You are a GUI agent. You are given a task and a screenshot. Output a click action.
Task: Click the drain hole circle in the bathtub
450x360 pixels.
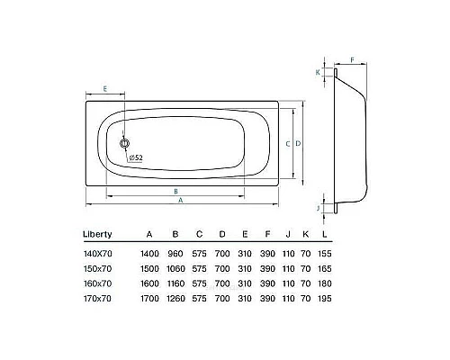(x=125, y=142)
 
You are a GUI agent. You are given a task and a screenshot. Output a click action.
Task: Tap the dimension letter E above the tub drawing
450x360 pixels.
(x=105, y=89)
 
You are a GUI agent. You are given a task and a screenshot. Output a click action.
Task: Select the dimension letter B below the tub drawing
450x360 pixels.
(x=176, y=191)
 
